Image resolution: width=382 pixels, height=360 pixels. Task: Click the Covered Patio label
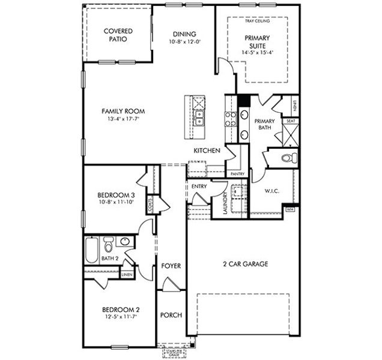pyautogui.click(x=118, y=35)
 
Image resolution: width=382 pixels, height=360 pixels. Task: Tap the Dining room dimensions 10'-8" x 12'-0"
pyautogui.click(x=185, y=42)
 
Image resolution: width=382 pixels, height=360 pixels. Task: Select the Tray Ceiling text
pyautogui.click(x=257, y=21)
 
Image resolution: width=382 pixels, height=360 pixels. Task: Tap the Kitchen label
pyautogui.click(x=206, y=151)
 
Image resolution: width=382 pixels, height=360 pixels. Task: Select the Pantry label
pyautogui.click(x=237, y=174)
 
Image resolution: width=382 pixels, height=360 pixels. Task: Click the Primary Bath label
pyautogui.click(x=264, y=125)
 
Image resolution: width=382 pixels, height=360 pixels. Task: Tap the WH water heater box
pyautogui.click(x=290, y=209)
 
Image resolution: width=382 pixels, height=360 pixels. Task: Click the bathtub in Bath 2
pyautogui.click(x=91, y=250)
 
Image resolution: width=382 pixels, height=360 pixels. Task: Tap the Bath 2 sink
pyautogui.click(x=125, y=242)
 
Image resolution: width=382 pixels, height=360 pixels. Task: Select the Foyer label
pyautogui.click(x=171, y=265)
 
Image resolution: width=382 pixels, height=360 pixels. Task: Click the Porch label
pyautogui.click(x=171, y=316)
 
